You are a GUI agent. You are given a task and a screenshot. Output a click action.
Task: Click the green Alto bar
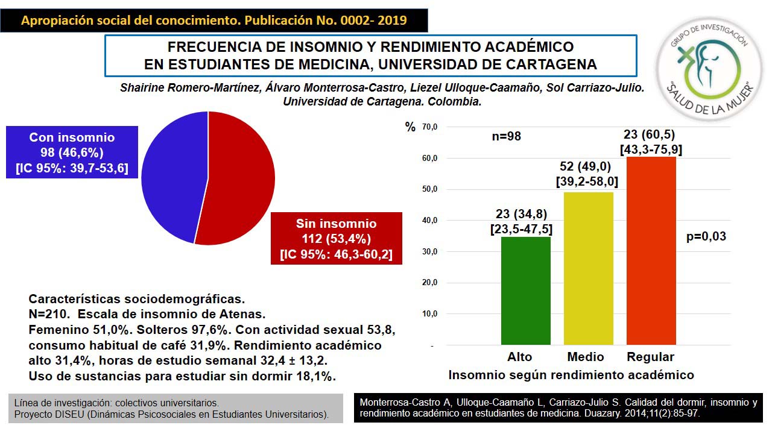(x=525, y=291)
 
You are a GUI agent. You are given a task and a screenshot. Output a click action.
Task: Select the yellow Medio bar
(x=588, y=268)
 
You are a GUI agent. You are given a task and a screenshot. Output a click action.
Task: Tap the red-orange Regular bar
(x=651, y=250)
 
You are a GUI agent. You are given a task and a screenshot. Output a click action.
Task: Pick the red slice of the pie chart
(x=241, y=181)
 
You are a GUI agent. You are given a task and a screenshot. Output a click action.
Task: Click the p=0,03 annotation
(x=706, y=237)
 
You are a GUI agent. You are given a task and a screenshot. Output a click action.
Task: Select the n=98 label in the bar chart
(x=506, y=137)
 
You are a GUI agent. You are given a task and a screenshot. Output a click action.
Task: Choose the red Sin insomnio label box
(x=336, y=238)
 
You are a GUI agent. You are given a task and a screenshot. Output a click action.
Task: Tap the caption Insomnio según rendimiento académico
(x=571, y=375)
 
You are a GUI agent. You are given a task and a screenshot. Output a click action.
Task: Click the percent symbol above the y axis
(x=411, y=127)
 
